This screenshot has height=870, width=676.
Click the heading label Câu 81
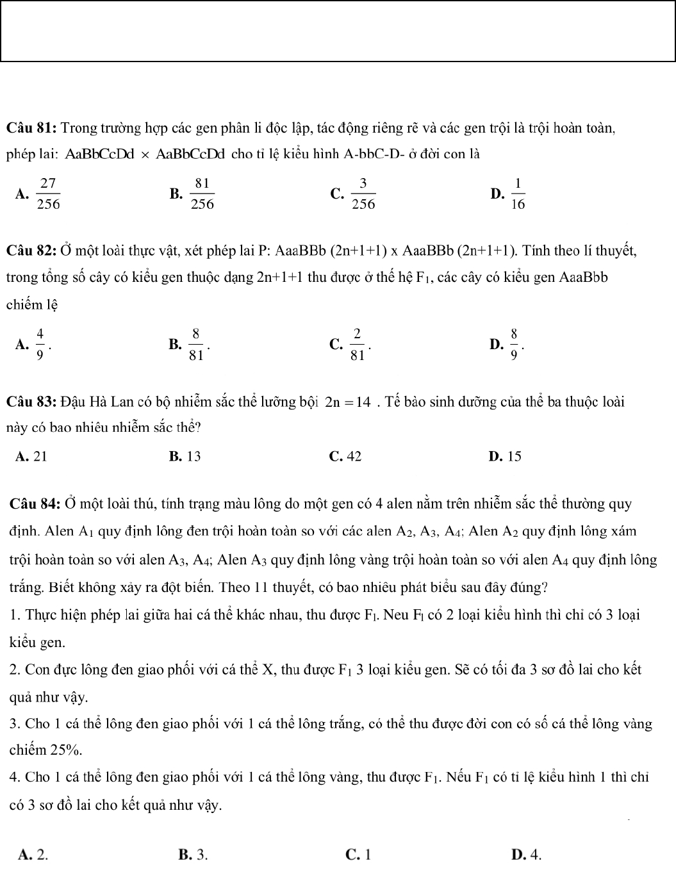[x=32, y=127]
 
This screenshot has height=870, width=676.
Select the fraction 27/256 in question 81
[x=48, y=193]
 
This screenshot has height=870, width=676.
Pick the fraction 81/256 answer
[x=202, y=193]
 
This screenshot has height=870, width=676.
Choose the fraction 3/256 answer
[x=363, y=193]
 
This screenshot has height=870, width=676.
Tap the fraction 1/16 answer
[x=518, y=193]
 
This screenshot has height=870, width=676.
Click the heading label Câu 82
[x=32, y=250]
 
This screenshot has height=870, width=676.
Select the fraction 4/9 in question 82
[x=40, y=344]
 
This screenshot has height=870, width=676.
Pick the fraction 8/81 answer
[x=196, y=344]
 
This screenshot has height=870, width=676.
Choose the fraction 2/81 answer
[x=357, y=344]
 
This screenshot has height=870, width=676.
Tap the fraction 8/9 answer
[x=514, y=344]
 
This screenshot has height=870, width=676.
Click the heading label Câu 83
[x=32, y=402]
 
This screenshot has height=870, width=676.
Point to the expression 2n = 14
[x=348, y=402]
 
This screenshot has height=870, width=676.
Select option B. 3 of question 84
[x=193, y=854]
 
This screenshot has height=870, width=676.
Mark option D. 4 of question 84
[x=527, y=854]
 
